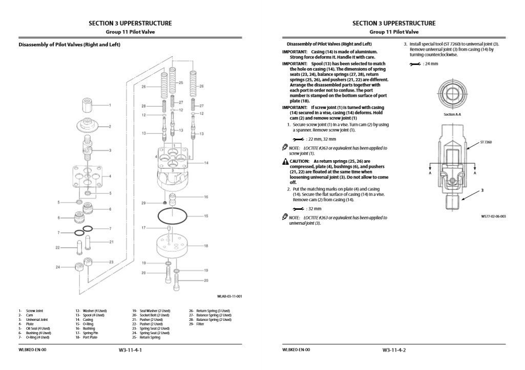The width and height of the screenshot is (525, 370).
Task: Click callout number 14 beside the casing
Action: pos(206,163)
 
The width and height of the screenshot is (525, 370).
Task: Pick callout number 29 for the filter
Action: pos(144,203)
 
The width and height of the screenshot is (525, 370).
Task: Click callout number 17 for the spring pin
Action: pos(144,227)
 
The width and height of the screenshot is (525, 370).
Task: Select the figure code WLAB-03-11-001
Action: pos(229,296)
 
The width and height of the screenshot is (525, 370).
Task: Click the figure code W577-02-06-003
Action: pos(493,216)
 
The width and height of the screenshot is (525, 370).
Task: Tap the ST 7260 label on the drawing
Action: pos(486,142)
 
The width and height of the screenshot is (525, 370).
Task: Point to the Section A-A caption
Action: pos(452,115)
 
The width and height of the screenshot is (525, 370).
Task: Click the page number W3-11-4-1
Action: pos(130,350)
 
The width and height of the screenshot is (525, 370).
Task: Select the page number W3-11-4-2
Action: pos(393,350)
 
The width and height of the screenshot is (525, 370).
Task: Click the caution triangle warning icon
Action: pos(285,161)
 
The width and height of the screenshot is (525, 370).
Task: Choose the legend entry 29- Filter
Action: pos(196,324)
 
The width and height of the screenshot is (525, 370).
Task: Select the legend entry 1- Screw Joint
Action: pos(30,311)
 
